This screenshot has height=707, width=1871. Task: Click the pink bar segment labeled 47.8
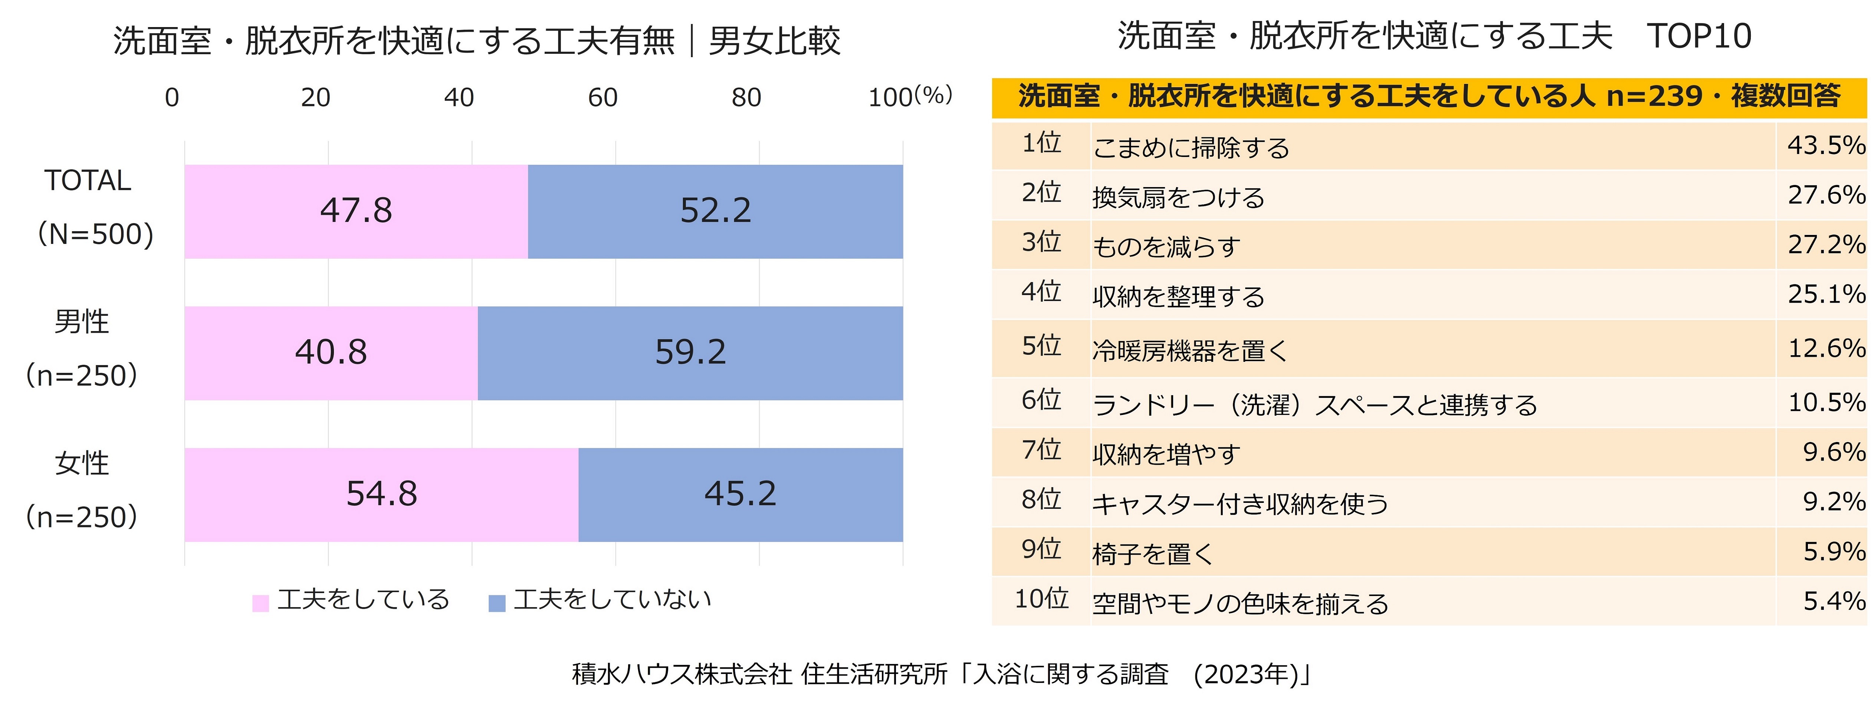pyautogui.click(x=356, y=211)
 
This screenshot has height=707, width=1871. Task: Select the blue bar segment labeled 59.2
pyautogui.click(x=690, y=353)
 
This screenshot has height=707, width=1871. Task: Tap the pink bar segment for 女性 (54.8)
pyautogui.click(x=381, y=494)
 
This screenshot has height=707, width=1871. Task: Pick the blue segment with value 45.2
pyautogui.click(x=740, y=494)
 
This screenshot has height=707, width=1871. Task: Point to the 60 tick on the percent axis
pyautogui.click(x=602, y=97)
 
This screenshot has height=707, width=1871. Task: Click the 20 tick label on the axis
pyautogui.click(x=315, y=97)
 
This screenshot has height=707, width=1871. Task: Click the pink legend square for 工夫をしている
pyautogui.click(x=260, y=602)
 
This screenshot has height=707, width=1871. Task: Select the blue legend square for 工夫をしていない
pyautogui.click(x=497, y=602)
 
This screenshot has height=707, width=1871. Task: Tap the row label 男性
pyautogui.click(x=81, y=321)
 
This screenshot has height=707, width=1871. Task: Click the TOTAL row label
pyautogui.click(x=88, y=180)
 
